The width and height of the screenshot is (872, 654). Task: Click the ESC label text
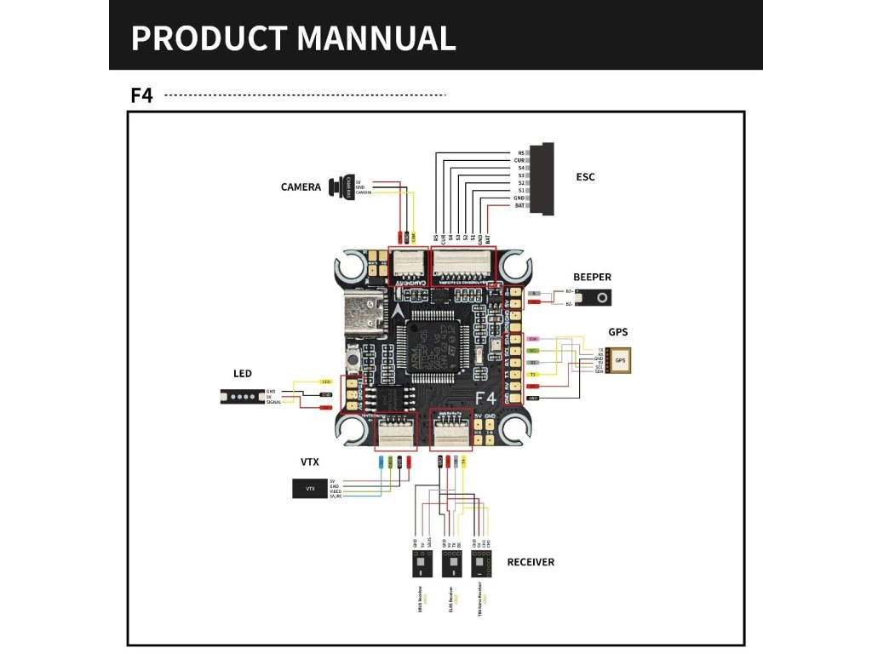(x=585, y=177)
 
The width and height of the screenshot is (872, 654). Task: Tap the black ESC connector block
(x=542, y=178)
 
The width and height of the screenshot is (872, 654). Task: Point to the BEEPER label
(x=592, y=277)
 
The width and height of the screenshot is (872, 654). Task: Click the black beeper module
(x=595, y=297)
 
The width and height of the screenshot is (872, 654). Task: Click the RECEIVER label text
(x=531, y=562)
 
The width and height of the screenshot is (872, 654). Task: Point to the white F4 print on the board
(x=485, y=398)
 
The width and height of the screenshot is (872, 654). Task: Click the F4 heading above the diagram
(x=141, y=95)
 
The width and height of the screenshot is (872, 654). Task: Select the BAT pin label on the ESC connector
(x=519, y=205)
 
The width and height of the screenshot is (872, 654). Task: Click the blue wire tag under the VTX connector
(x=380, y=462)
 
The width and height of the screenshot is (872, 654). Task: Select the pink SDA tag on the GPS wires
(x=532, y=338)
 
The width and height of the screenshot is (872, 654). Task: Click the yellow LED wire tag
(x=325, y=381)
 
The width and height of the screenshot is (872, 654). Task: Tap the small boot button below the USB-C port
(x=351, y=363)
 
